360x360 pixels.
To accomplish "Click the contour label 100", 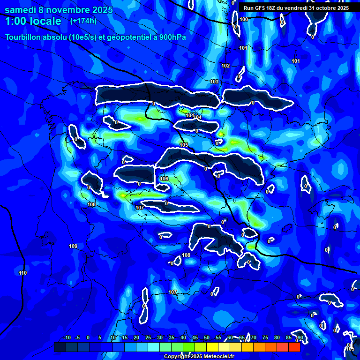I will point(244,19).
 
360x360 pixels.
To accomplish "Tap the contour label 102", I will point(225,66).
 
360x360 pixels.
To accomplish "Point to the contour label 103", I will point(214,82).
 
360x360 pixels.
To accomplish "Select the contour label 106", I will point(164,179).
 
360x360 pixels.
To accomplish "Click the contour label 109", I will point(73,247).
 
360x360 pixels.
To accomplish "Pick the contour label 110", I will point(23,273).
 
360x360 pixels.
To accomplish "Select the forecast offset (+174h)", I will point(83,21).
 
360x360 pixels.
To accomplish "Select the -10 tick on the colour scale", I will point(67,338).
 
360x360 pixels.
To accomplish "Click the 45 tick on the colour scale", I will point(195,338).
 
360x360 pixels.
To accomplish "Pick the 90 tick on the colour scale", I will point(300,338).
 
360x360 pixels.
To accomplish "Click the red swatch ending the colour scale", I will point(294,347).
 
